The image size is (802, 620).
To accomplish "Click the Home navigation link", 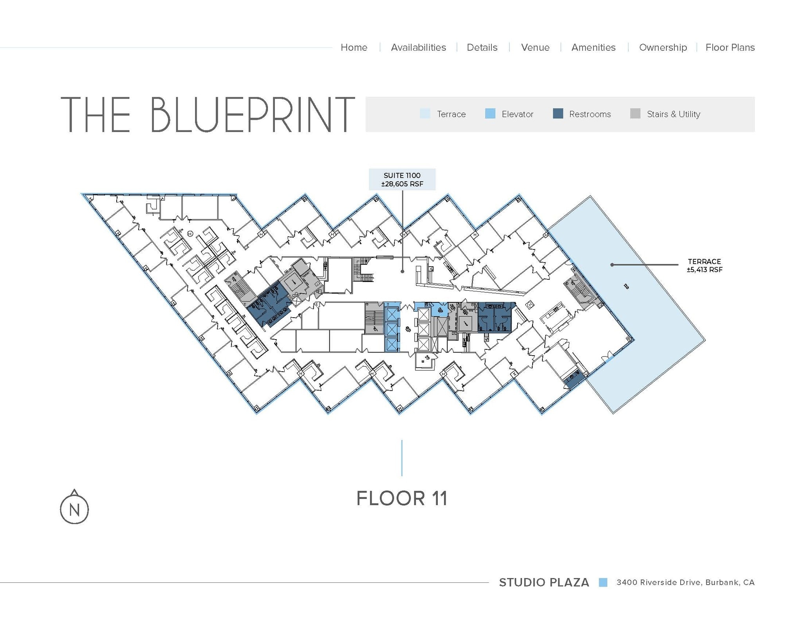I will pos(354,47).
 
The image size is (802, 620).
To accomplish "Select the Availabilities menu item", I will pos(418,47).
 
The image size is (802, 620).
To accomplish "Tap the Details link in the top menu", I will pos(482,47).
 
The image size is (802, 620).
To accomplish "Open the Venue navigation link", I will pos(535,47).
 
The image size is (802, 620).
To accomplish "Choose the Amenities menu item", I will pos(593,47).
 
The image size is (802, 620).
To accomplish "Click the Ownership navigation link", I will pos(663,47).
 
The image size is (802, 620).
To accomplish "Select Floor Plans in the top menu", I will pos(730,47).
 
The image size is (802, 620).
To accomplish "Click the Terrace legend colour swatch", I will pos(425,114).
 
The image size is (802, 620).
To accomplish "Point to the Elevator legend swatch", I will pos(490,114).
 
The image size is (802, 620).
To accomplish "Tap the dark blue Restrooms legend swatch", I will pos(558,114).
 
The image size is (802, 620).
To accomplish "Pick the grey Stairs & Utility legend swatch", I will pos(635,114).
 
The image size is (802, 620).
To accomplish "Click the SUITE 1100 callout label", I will pos(402,179).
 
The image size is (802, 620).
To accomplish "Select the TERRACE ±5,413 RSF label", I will pos(704,265).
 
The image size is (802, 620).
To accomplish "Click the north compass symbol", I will pos(74,508).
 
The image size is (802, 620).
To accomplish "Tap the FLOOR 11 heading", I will pos(402,498).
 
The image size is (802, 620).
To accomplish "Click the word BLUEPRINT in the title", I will pos(252,114).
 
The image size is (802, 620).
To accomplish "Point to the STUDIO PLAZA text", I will pos(544,582).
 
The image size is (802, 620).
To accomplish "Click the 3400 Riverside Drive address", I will pos(685,582).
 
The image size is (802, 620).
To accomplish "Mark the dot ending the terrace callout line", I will pos(612,265).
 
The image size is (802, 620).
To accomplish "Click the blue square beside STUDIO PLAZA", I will pos(603,582).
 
